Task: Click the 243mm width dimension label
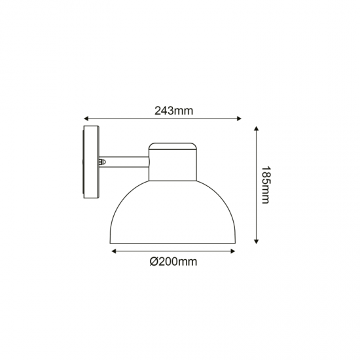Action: (173, 110)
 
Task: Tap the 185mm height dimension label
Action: (264, 184)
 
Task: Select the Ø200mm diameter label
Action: (173, 262)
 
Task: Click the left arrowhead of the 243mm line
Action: (86, 119)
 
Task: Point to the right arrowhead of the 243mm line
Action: (239, 119)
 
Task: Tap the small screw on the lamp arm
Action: (101, 160)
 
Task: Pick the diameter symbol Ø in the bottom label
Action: (153, 262)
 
